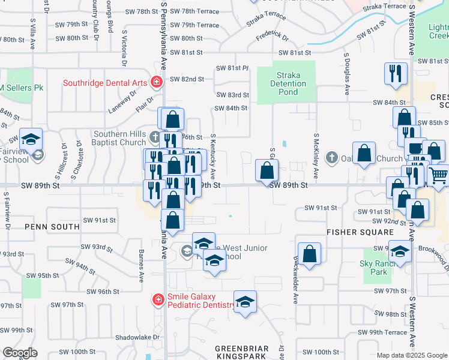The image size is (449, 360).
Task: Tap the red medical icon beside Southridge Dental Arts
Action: pos(157,82)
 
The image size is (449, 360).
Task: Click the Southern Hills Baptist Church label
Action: pos(119,138)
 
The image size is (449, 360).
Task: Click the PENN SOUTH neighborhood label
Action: pos(52,227)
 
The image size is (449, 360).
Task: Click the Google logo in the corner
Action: pos(20,353)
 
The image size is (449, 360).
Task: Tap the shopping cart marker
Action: pos(439,176)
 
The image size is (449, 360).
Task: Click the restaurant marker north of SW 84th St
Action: pos(396,73)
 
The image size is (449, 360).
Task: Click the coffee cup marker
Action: pos(415,148)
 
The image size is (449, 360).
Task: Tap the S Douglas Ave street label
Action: pos(347,74)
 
